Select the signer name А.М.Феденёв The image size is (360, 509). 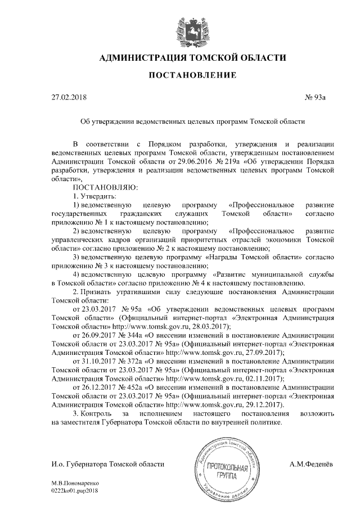tap(311, 464)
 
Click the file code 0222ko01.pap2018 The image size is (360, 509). tap(74, 490)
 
